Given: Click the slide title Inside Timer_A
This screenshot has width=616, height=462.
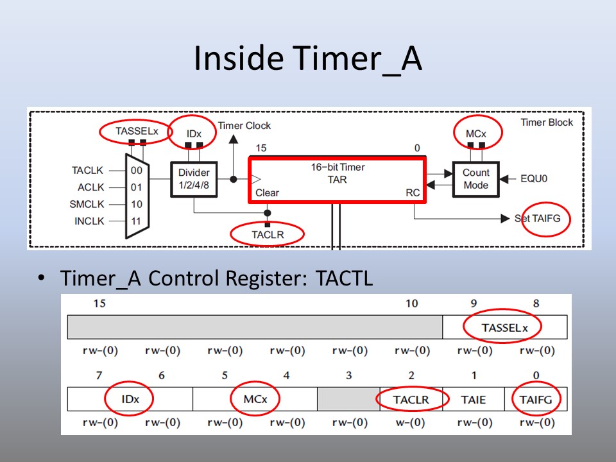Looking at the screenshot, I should coord(308,59).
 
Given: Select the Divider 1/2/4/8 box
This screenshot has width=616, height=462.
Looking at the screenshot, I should coord(194,179).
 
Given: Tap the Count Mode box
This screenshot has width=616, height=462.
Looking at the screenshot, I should coord(475,179).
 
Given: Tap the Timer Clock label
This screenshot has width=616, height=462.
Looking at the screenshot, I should coord(244,126).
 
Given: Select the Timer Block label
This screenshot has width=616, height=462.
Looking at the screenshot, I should coord(547,122).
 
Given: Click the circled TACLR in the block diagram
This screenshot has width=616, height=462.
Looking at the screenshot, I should coord(268,234).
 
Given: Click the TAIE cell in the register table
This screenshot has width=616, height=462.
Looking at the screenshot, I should coord(473,399).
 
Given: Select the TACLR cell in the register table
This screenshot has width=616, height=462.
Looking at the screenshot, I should coord(411,399).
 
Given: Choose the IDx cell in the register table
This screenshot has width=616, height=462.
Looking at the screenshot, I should coord(130,399).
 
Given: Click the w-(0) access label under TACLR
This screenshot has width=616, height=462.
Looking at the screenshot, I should coord(411,423).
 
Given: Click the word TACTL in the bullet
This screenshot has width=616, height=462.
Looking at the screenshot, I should coord(345,279).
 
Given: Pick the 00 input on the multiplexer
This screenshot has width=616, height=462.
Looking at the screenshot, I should coord(136,171).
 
